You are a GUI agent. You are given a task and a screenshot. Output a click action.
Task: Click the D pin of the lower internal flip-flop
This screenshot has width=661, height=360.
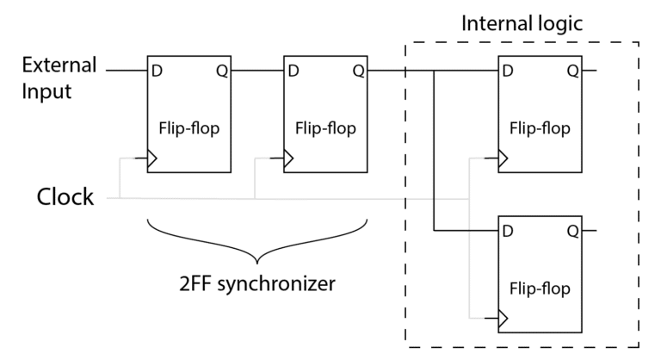tap(507, 231)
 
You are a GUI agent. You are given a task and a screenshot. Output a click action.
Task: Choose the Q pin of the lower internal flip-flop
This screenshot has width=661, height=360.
tap(571, 231)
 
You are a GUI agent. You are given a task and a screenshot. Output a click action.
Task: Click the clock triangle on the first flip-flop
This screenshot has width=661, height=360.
tap(152, 159)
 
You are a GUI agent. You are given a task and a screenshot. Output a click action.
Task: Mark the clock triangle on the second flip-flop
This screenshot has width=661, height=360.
tap(290, 159)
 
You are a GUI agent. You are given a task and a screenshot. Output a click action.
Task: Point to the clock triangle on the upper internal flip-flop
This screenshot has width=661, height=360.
tap(503, 159)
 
